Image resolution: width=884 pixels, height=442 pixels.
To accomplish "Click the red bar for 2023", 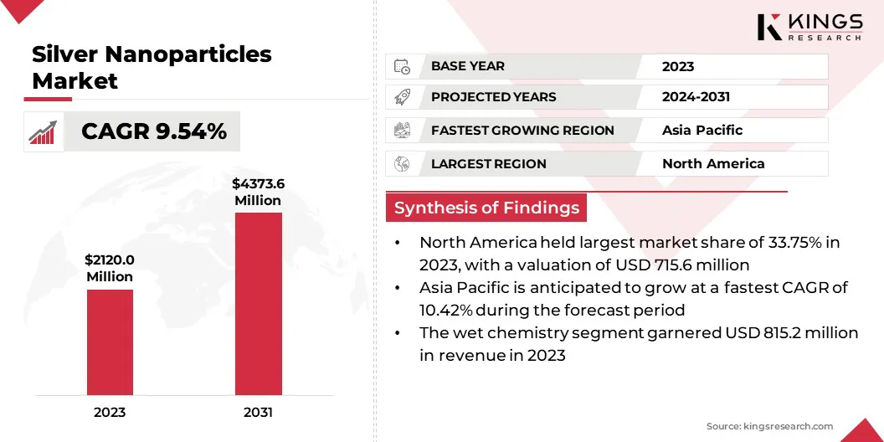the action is [x=110, y=342].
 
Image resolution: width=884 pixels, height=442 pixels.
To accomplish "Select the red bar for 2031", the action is [x=258, y=304].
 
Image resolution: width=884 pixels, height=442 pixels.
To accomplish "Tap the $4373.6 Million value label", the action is [x=258, y=193].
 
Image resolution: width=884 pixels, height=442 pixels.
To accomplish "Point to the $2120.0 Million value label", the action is [x=110, y=269].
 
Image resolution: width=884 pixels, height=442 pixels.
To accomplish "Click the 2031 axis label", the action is [x=258, y=412].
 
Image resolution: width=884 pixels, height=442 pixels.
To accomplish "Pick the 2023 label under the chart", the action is [x=110, y=412].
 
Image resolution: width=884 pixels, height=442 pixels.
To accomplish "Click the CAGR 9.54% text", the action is [x=154, y=131].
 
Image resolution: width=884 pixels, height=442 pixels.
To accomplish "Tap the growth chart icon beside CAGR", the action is [x=43, y=132].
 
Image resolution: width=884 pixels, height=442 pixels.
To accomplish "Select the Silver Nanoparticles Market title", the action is [x=152, y=68].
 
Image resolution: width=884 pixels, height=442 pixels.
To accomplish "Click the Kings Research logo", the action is [x=809, y=27].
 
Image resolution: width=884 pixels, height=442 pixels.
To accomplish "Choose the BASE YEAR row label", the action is [x=467, y=66].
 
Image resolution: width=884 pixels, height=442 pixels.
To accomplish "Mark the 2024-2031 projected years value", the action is [x=696, y=97].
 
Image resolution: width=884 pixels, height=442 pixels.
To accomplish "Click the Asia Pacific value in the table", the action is [x=702, y=131].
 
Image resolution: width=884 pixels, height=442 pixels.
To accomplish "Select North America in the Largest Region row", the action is [x=713, y=164].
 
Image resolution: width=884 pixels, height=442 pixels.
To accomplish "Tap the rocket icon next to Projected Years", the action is [x=402, y=98].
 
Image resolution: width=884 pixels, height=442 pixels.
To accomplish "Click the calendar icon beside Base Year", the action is [x=402, y=66].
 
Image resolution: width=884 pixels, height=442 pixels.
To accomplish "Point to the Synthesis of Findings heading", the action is [x=486, y=208].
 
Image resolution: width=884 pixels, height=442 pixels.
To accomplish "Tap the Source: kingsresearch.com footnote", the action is [x=769, y=426].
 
